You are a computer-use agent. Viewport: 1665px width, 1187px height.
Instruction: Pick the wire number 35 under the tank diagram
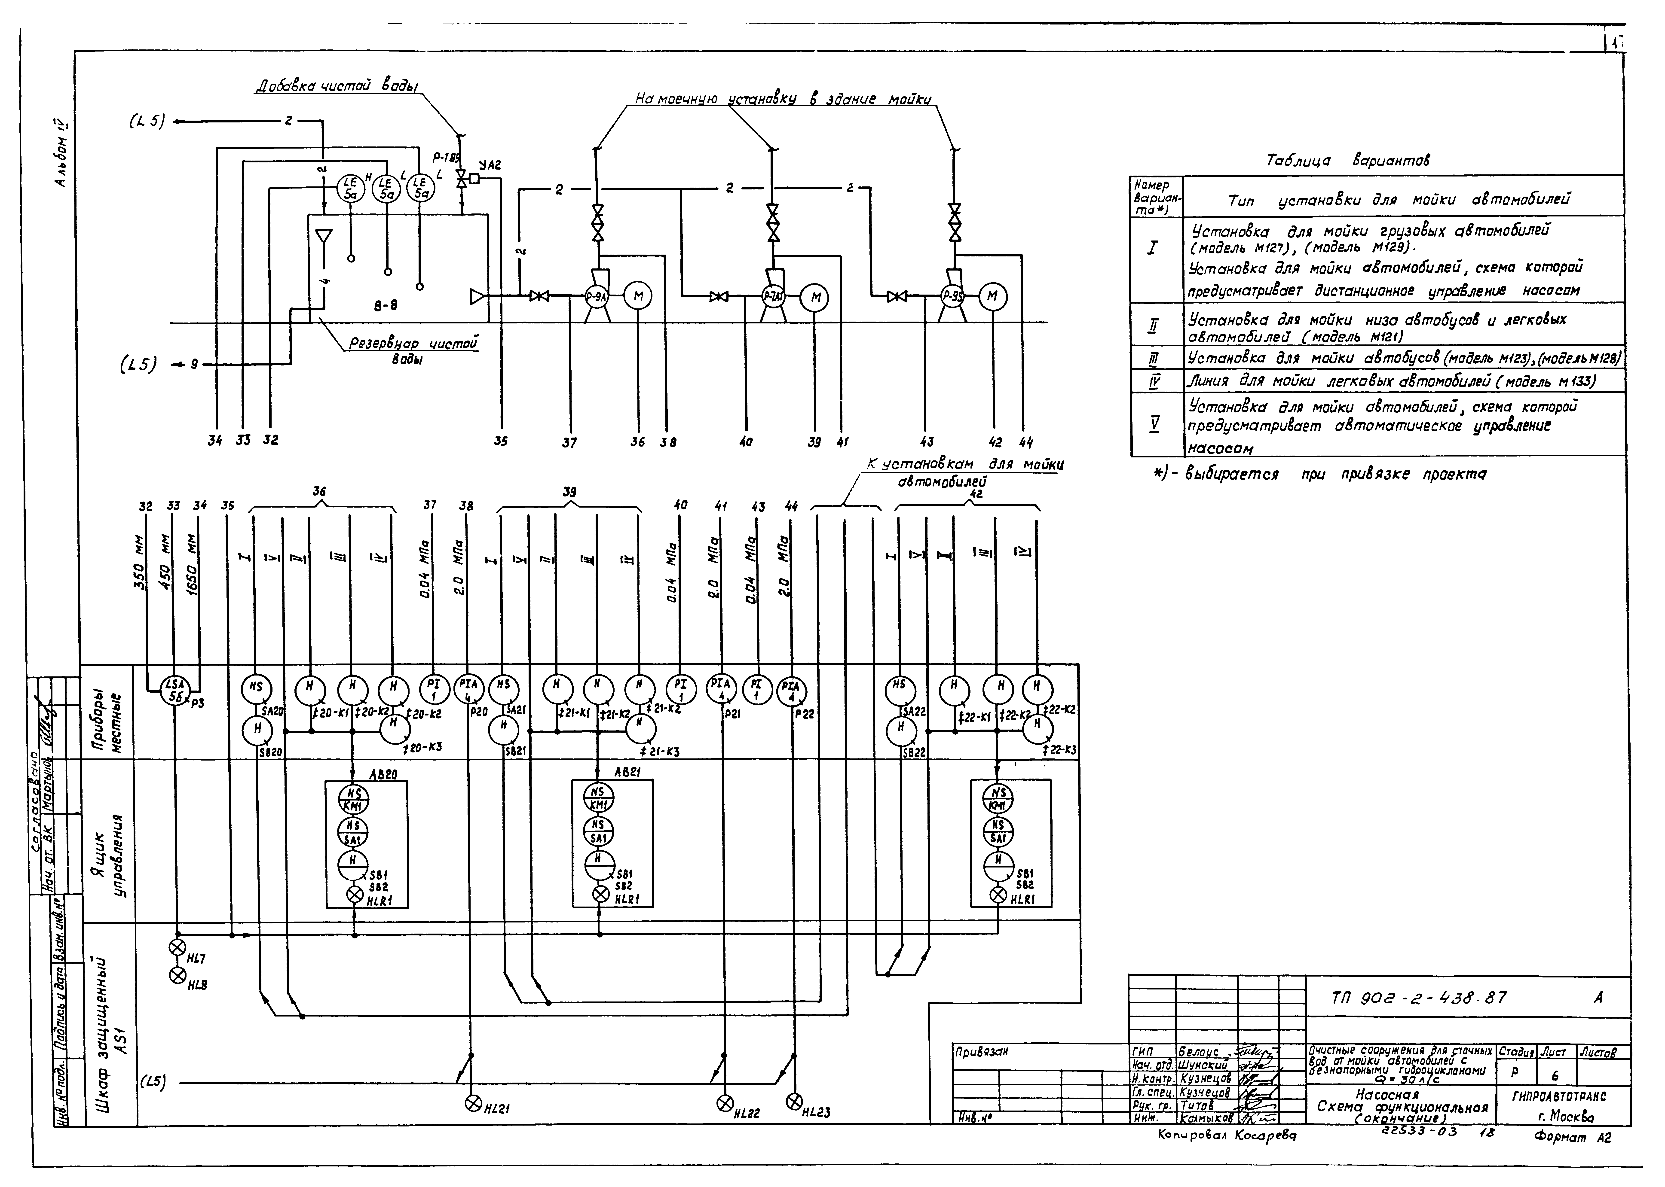501,441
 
